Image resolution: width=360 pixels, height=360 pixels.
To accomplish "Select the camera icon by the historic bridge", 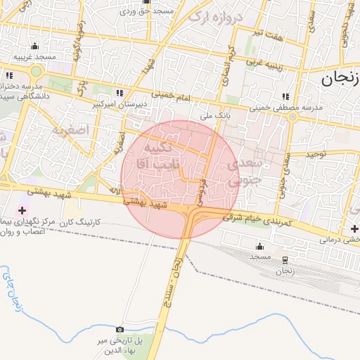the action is click(119, 329).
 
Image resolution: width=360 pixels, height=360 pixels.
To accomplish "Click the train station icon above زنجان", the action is click(285, 259).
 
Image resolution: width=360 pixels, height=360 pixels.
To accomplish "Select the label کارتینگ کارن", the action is click(83, 221).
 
